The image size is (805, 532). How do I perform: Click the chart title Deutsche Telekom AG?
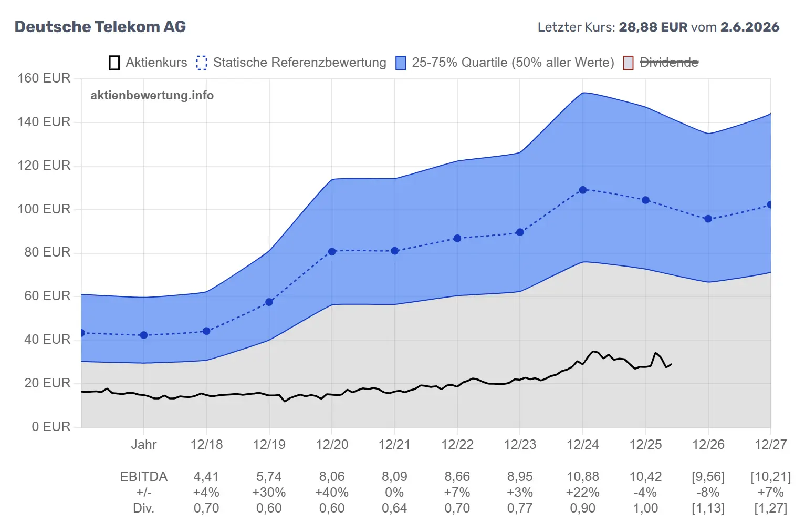tap(100, 27)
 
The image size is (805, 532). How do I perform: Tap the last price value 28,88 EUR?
tap(653, 27)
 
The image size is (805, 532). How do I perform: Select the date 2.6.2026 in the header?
tap(750, 27)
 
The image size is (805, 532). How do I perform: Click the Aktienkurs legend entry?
tap(148, 63)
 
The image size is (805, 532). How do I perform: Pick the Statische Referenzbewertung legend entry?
tap(291, 63)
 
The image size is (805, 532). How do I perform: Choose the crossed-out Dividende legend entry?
tap(661, 63)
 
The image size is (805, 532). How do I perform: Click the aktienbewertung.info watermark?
tap(152, 95)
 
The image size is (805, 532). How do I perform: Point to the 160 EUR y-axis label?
tap(44, 78)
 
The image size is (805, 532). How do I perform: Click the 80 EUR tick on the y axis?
tap(47, 252)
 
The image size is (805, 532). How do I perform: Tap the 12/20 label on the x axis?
tap(332, 444)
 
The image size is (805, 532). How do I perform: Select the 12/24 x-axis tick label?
tap(582, 444)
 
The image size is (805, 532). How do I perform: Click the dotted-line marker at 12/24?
tap(583, 190)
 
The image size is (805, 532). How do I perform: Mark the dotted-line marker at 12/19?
tap(269, 302)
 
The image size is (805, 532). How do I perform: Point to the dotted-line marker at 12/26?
tap(708, 219)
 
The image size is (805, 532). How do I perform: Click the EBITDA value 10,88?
tap(582, 477)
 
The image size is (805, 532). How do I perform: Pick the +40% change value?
tap(332, 492)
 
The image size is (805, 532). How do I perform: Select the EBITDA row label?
tap(143, 477)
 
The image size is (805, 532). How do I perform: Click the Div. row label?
tap(143, 508)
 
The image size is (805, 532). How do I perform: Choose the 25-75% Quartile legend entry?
tap(505, 63)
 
